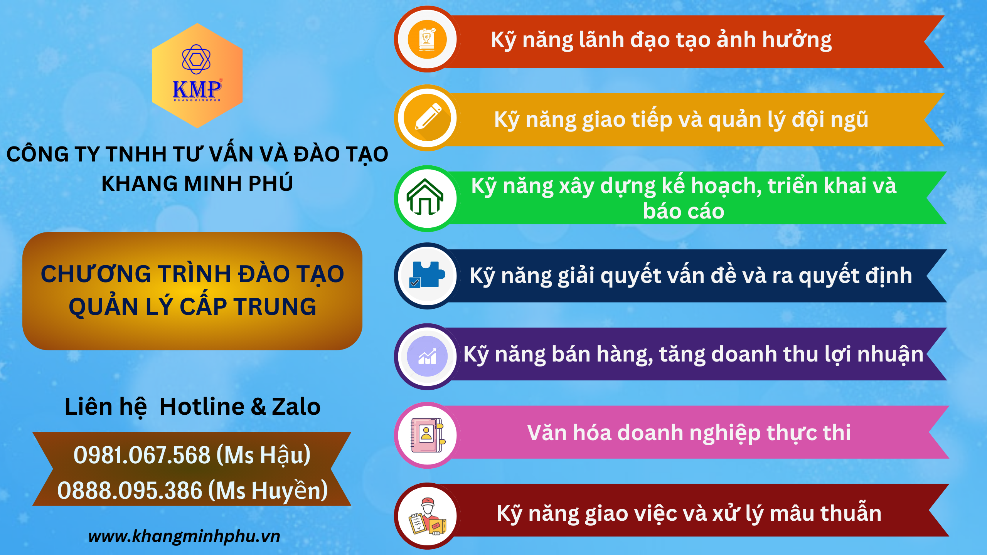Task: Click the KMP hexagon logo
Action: point(197,76)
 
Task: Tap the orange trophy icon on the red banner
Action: point(427,39)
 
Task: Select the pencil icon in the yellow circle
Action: point(428,117)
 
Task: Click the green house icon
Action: point(425,197)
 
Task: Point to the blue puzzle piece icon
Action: point(428,274)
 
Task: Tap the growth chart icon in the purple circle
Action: point(427,356)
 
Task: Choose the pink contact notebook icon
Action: point(428,435)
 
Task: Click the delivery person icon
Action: point(428,516)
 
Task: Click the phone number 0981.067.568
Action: point(142,455)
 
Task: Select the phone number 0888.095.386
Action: point(130,491)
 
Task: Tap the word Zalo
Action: point(296,407)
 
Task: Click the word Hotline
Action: point(202,407)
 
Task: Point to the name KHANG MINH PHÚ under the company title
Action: point(197,183)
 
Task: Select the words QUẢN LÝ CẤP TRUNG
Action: point(192,307)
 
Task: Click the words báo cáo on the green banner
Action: point(684,211)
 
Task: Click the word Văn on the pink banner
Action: point(547,432)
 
